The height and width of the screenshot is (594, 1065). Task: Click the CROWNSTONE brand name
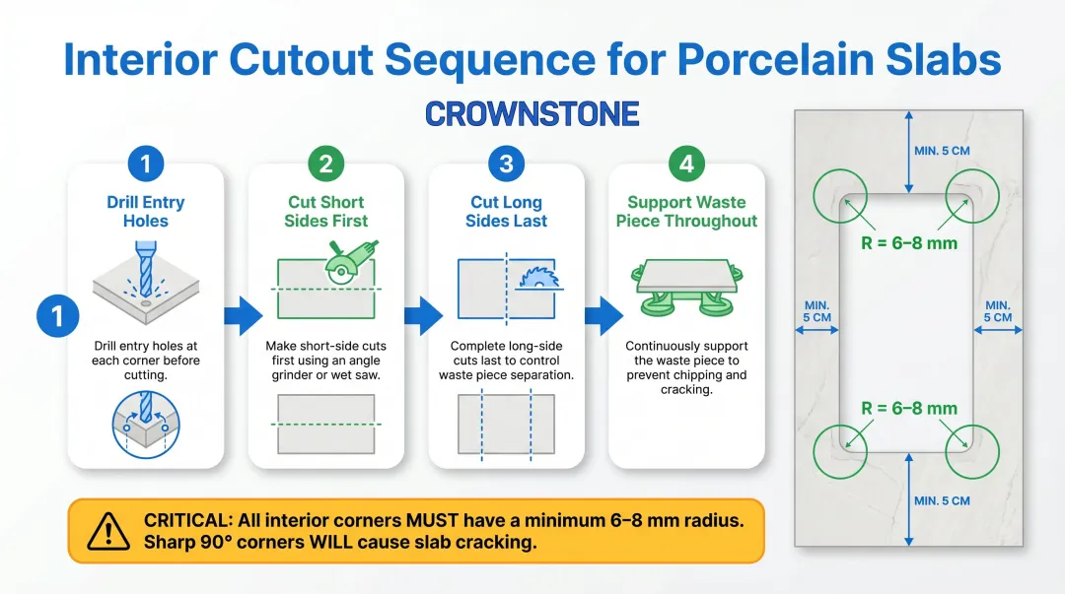click(532, 113)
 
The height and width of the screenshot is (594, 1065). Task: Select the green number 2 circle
click(326, 164)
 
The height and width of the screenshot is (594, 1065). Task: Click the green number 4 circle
click(686, 164)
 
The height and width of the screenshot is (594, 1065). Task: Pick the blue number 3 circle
click(506, 164)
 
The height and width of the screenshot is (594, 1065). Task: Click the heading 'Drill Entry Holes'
click(146, 212)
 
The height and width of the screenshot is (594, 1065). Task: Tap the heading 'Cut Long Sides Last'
click(506, 212)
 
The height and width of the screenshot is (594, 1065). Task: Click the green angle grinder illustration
click(350, 264)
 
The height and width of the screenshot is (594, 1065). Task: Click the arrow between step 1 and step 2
click(244, 315)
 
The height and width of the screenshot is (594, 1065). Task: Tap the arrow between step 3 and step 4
click(603, 315)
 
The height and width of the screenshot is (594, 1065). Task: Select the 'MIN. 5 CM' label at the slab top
click(942, 152)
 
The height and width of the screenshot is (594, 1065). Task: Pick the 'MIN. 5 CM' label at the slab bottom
click(942, 500)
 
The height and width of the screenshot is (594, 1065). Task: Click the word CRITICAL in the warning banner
click(187, 520)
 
